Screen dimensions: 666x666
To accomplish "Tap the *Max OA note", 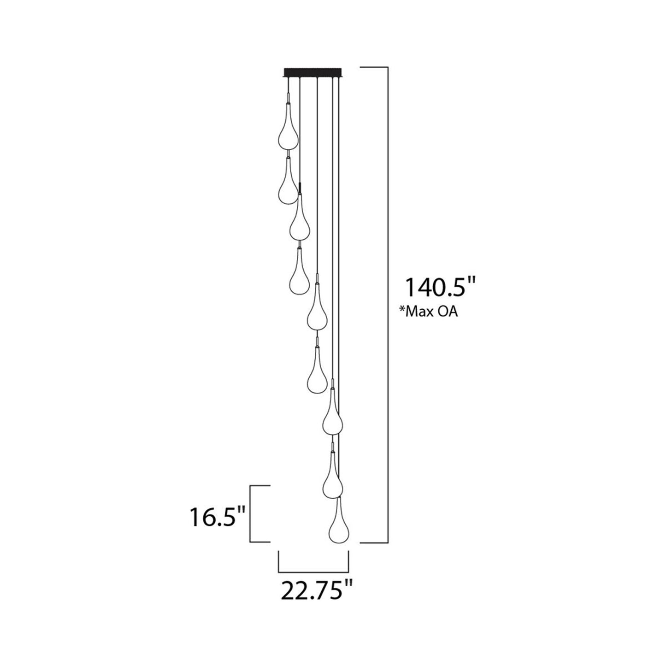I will point(429,312).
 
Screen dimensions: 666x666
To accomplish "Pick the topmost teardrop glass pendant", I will point(287,131).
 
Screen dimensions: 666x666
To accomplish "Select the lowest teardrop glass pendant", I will point(339,525).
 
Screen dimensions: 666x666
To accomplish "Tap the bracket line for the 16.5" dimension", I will point(251,514).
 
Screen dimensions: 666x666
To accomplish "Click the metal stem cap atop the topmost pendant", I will point(288,97).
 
